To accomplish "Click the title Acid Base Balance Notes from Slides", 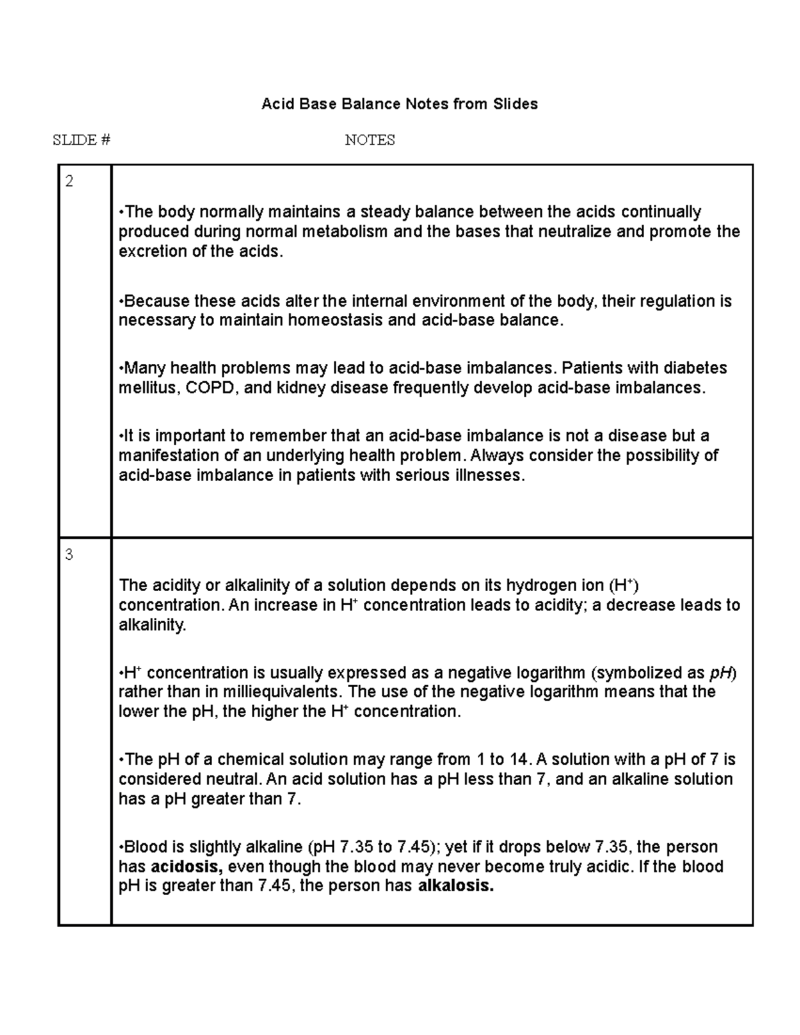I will pyautogui.click(x=399, y=104).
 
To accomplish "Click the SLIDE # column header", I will pyautogui.click(x=81, y=140).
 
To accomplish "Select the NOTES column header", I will pyautogui.click(x=369, y=140).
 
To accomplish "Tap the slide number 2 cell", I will pyautogui.click(x=69, y=181).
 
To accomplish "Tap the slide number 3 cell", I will pyautogui.click(x=69, y=554).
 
